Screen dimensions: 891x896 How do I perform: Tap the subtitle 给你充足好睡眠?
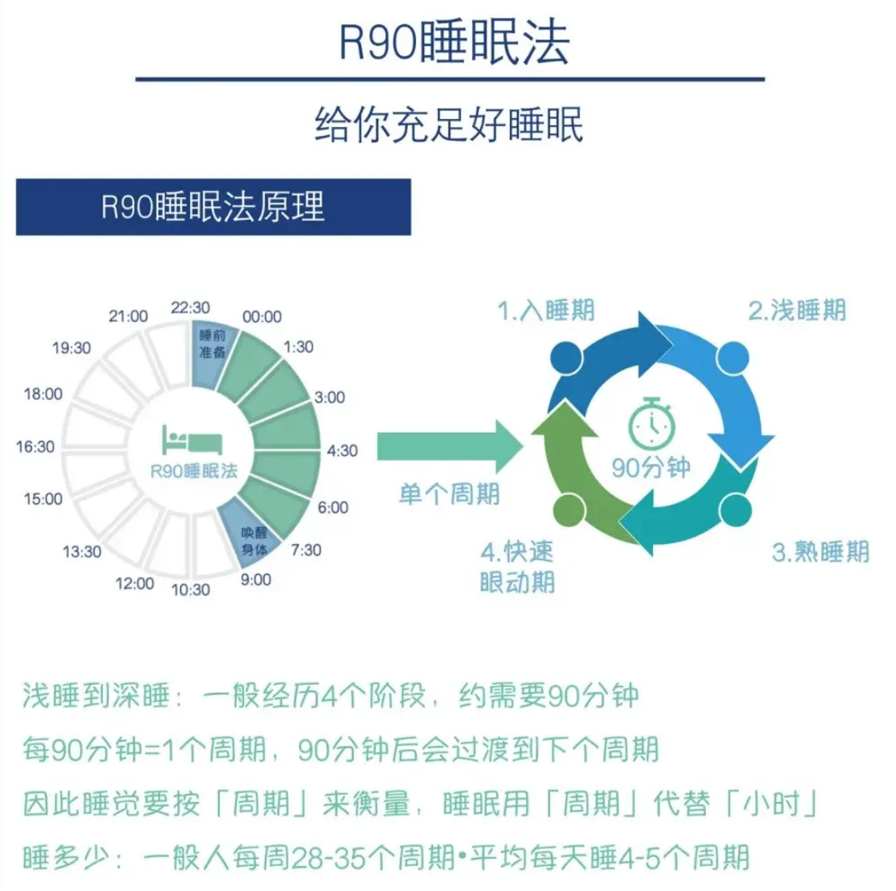pos(448,125)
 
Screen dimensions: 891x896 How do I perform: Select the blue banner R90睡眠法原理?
pos(213,207)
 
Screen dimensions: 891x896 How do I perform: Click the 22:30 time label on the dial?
pos(191,308)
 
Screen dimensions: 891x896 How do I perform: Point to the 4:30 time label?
pos(342,450)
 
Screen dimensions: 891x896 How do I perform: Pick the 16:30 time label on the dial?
pos(36,446)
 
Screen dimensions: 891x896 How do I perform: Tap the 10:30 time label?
pos(191,589)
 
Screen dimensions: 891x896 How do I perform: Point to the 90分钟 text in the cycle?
pos(651,468)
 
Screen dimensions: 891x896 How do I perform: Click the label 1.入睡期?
pos(546,310)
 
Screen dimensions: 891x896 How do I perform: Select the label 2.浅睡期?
pos(797,310)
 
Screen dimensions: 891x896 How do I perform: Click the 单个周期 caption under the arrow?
pos(449,493)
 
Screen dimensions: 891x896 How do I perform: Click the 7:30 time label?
pos(306,550)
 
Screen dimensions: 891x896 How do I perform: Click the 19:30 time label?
pos(72,348)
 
